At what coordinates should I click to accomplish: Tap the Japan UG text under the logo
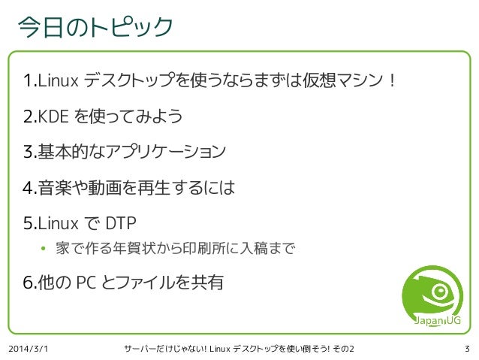[438, 321]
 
